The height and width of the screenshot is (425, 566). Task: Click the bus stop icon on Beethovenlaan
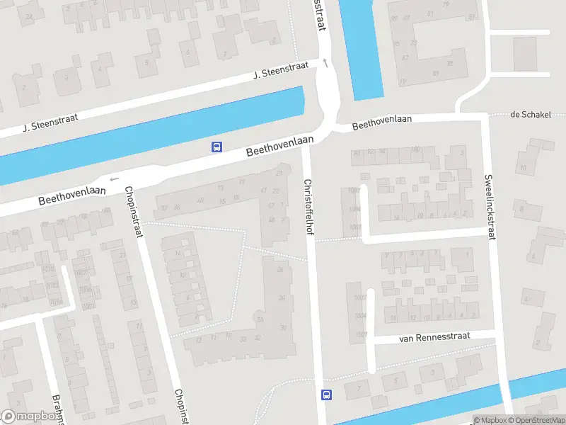coord(216,147)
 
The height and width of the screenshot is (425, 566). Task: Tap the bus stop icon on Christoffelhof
coord(327,395)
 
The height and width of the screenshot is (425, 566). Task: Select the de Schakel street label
coord(530,115)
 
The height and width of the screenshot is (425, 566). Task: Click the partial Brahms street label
coord(57,409)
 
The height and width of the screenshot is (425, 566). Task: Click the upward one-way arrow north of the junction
coord(325,64)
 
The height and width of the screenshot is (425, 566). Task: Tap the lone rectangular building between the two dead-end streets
coord(525,54)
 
